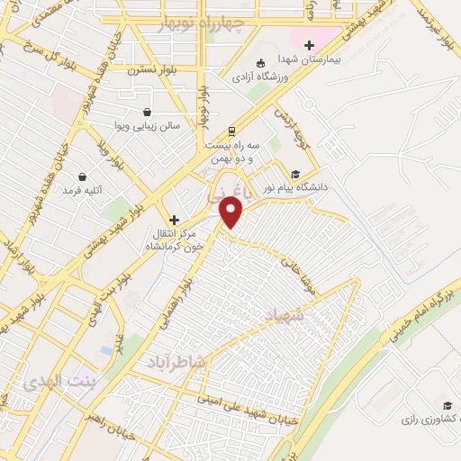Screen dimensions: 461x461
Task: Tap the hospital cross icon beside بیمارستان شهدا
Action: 309,45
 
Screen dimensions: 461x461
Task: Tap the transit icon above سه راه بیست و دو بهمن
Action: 232,131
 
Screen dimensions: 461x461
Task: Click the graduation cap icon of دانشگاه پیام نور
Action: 294,175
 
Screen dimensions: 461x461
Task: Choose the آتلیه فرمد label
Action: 83,191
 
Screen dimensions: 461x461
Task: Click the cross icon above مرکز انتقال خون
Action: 174,220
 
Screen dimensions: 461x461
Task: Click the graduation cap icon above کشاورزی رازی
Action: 447,405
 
